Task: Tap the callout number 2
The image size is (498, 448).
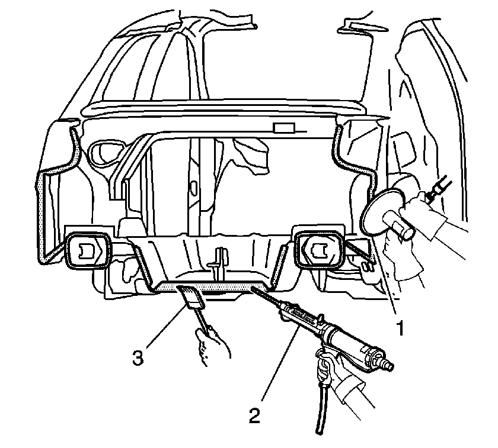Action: (x=254, y=415)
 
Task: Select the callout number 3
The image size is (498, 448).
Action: (x=138, y=359)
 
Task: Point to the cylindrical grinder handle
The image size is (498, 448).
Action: (x=398, y=225)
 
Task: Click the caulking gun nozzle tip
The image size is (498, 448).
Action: (x=253, y=288)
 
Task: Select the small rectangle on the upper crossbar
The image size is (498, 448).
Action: (x=284, y=128)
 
